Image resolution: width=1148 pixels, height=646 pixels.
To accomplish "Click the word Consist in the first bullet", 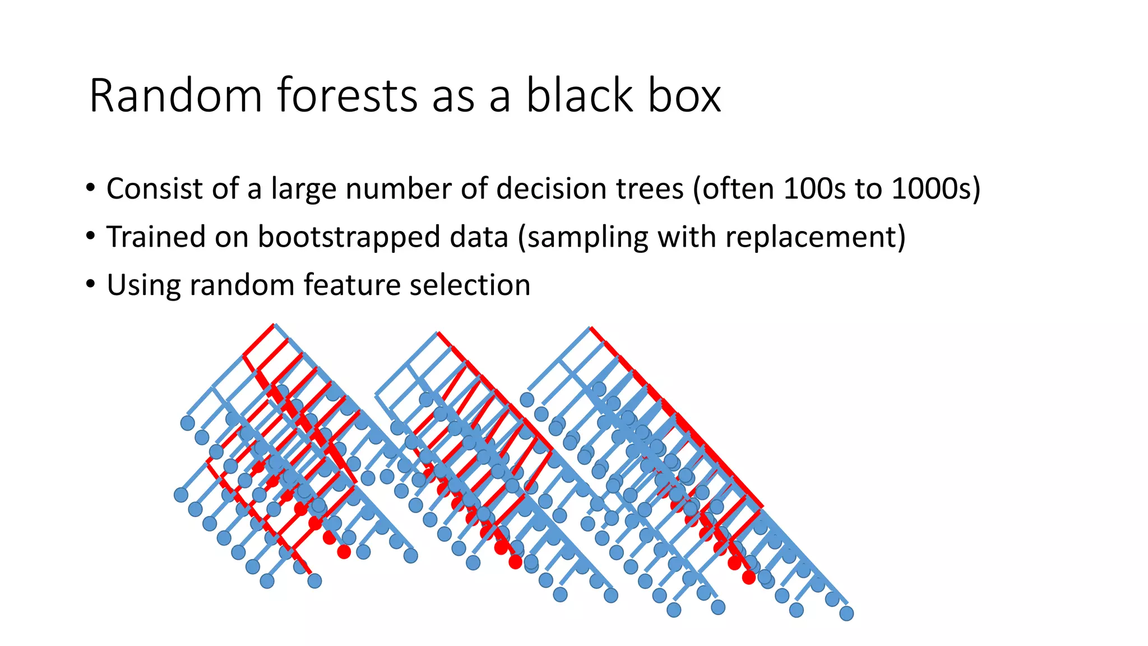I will pyautogui.click(x=155, y=188).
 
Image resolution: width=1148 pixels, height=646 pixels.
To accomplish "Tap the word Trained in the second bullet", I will pyautogui.click(x=156, y=237).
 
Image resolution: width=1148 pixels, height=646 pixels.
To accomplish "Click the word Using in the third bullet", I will pyautogui.click(x=143, y=285).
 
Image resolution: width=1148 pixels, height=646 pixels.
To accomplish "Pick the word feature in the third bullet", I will pyautogui.click(x=352, y=285).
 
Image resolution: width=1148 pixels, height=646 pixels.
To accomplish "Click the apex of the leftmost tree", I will pyautogui.click(x=274, y=325).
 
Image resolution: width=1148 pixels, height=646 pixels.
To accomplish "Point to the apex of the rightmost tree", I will pyautogui.click(x=590, y=327).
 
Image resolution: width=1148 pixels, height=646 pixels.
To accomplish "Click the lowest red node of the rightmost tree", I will pyautogui.click(x=748, y=577).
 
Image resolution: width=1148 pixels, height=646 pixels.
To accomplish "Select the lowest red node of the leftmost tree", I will pyautogui.click(x=344, y=552).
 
